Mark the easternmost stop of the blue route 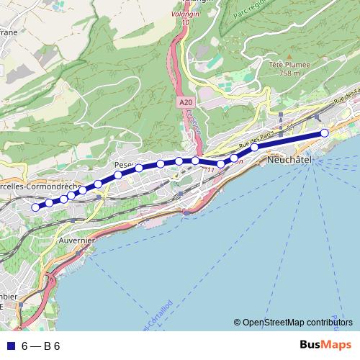325,132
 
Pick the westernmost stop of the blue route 35,207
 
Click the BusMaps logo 326,346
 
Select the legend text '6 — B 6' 41,346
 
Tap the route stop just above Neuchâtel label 254,148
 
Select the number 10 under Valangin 185,23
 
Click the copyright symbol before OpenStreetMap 238,323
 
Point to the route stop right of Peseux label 139,168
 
